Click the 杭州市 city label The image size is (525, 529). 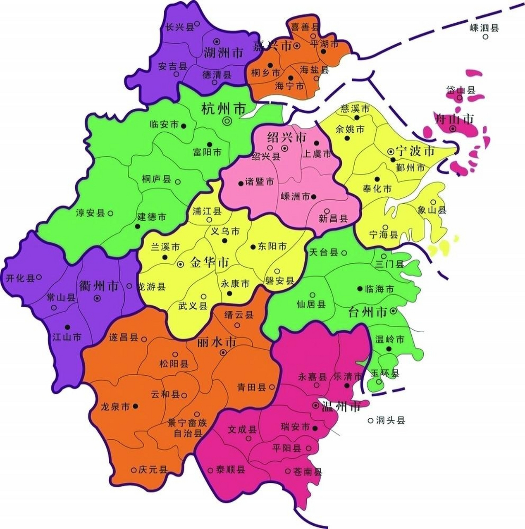pos(223,109)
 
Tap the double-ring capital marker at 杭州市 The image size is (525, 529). pos(227,121)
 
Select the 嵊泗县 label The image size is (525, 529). pos(484,28)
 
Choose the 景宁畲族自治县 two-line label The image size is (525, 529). pos(187,428)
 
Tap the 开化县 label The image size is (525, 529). pos(20,278)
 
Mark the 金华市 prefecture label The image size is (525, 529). pos(209,262)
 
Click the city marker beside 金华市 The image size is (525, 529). pos(181,264)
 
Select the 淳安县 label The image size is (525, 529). pos(91,213)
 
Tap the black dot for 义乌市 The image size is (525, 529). pos(225,241)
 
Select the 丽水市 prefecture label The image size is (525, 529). pos(217,342)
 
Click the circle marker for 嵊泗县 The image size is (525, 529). pos(486,37)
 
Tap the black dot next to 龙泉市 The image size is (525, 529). pos(136,407)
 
